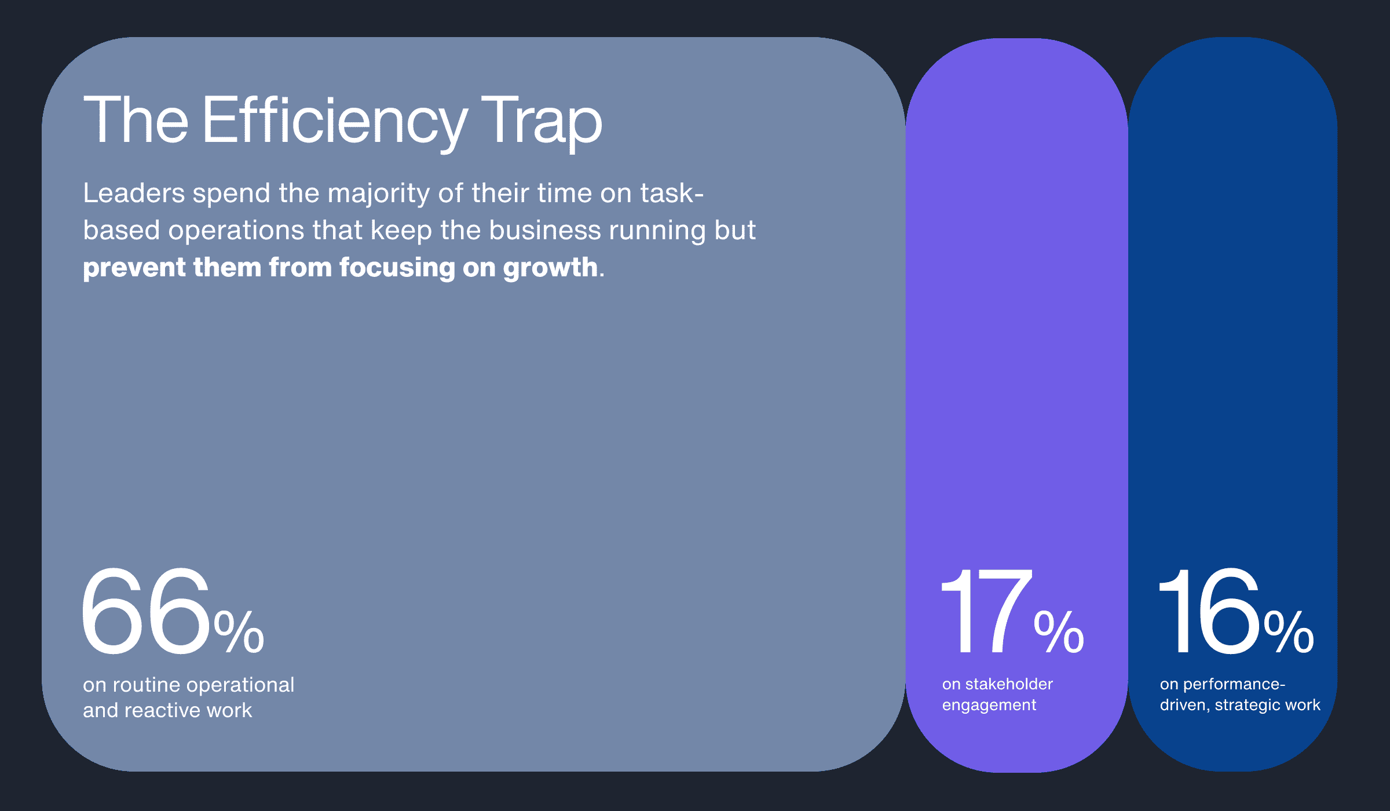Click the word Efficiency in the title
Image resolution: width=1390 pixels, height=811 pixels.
334,120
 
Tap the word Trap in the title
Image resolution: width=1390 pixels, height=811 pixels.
541,120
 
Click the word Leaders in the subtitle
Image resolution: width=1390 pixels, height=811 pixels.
134,193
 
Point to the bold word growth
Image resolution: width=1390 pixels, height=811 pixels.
550,268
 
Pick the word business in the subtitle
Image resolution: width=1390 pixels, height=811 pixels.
545,230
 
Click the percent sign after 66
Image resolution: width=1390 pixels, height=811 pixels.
239,632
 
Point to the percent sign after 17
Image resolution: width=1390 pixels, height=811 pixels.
1059,632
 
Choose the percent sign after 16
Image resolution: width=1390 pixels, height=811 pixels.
1289,632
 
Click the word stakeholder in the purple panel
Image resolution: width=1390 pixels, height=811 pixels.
1009,684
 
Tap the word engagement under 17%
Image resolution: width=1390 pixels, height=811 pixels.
989,705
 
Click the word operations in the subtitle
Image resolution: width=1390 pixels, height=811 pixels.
236,231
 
